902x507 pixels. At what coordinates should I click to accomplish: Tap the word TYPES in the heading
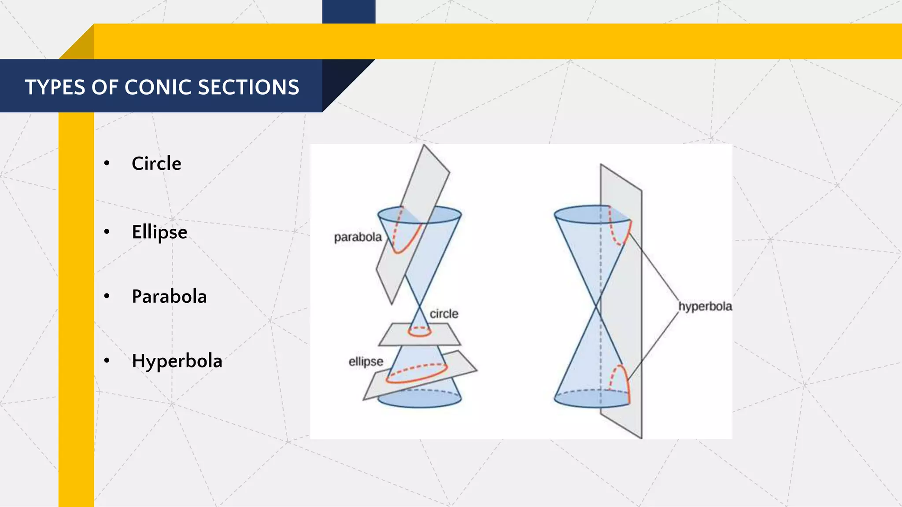(x=54, y=87)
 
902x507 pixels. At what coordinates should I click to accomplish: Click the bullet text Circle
(x=156, y=164)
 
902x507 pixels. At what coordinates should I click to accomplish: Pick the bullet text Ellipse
(x=159, y=232)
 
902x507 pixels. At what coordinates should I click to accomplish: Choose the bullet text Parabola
(x=169, y=297)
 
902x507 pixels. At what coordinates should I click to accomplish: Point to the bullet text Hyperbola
(x=177, y=361)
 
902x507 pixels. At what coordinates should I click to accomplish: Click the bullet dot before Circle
(x=107, y=164)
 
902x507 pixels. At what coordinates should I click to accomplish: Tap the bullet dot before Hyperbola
(x=107, y=361)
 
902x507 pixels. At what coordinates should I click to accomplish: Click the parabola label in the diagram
(x=358, y=237)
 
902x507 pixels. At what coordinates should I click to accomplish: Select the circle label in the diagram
(x=444, y=314)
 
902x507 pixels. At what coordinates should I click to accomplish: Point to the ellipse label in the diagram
(x=366, y=362)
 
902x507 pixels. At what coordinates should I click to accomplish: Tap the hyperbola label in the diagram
(x=705, y=306)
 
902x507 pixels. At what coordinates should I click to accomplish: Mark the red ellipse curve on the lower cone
(x=417, y=375)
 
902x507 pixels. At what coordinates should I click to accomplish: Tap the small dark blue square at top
(x=349, y=11)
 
